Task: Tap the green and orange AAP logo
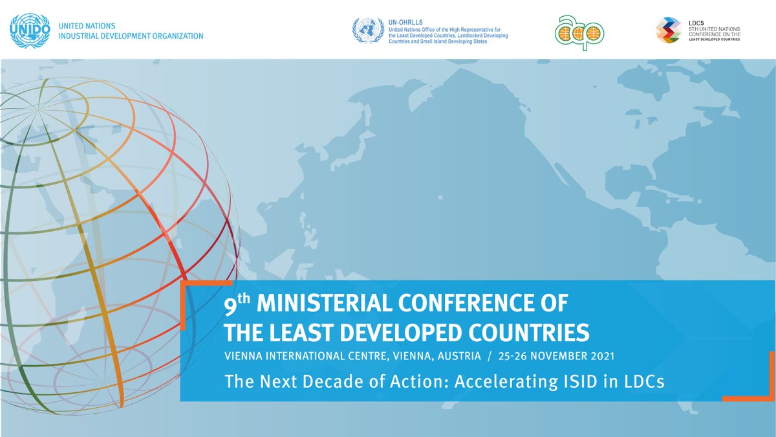click(579, 30)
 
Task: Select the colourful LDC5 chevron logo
click(668, 30)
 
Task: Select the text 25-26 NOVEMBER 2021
click(555, 356)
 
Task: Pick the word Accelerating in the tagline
click(497, 381)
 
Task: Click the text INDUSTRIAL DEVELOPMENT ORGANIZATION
click(131, 36)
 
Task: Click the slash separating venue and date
click(491, 356)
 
